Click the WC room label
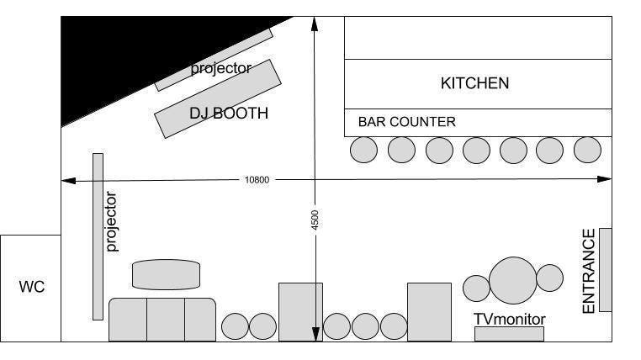30,288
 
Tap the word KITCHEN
475,83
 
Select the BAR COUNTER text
407,122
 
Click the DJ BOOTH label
229,113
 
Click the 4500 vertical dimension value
315,220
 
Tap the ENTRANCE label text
589,271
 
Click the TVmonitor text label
510,320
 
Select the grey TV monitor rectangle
509,334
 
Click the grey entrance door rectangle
605,269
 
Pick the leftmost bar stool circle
364,150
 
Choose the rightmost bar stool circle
587,150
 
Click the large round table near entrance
513,279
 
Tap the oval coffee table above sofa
167,274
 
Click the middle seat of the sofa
166,320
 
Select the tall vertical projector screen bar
98,236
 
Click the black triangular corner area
118,59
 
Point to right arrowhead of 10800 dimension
606,179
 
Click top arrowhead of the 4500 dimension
314,23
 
